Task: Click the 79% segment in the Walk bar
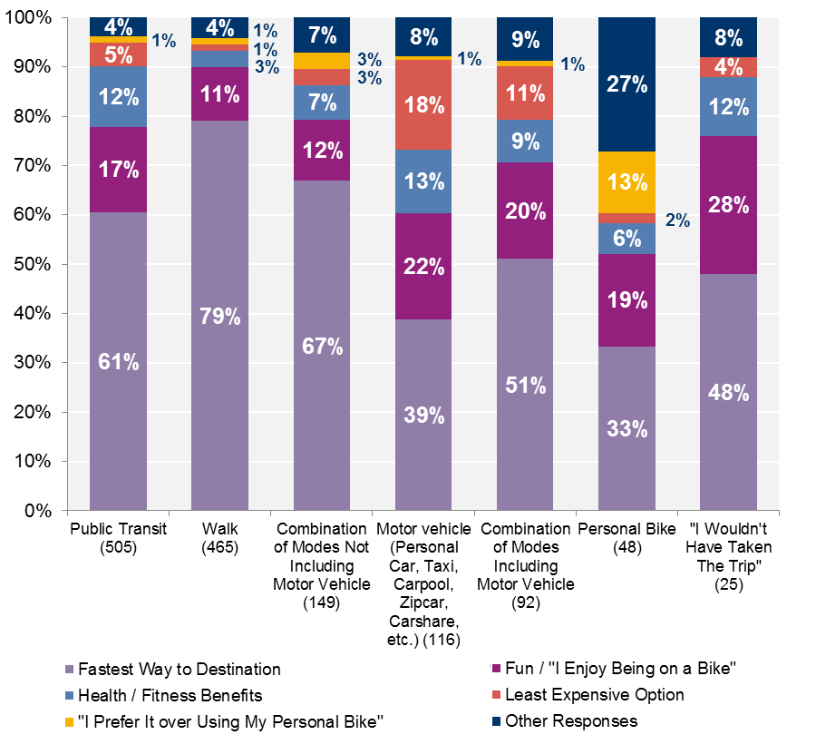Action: pyautogui.click(x=220, y=316)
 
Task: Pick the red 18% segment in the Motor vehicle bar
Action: pyautogui.click(x=424, y=104)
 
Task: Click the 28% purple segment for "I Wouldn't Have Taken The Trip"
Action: pyautogui.click(x=729, y=205)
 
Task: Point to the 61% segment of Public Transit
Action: pyautogui.click(x=119, y=361)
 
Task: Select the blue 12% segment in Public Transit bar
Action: pyautogui.click(x=119, y=97)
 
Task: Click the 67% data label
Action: pyautogui.click(x=322, y=346)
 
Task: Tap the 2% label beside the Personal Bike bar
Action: pyautogui.click(x=677, y=220)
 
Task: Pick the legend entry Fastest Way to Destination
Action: pyautogui.click(x=180, y=670)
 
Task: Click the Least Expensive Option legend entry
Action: pyautogui.click(x=594, y=695)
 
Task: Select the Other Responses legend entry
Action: pyautogui.click(x=571, y=721)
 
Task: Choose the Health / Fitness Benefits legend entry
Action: pyautogui.click(x=170, y=695)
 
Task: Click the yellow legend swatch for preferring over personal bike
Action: pyautogui.click(x=69, y=721)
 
